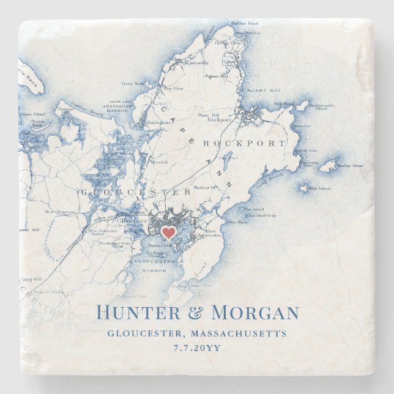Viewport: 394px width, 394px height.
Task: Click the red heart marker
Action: pos(168,232)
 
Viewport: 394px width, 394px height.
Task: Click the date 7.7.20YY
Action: pos(196,348)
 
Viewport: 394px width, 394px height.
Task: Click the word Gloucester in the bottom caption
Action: pos(146,333)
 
